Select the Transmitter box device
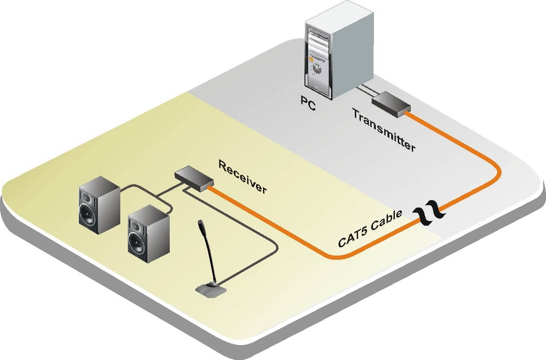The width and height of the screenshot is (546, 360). pos(391,104)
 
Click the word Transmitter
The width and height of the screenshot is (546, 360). pos(383,130)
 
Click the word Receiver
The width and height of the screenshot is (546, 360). pos(242,177)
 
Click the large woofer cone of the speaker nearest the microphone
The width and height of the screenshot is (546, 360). pos(138,243)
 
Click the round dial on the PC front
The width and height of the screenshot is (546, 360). pos(317,69)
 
